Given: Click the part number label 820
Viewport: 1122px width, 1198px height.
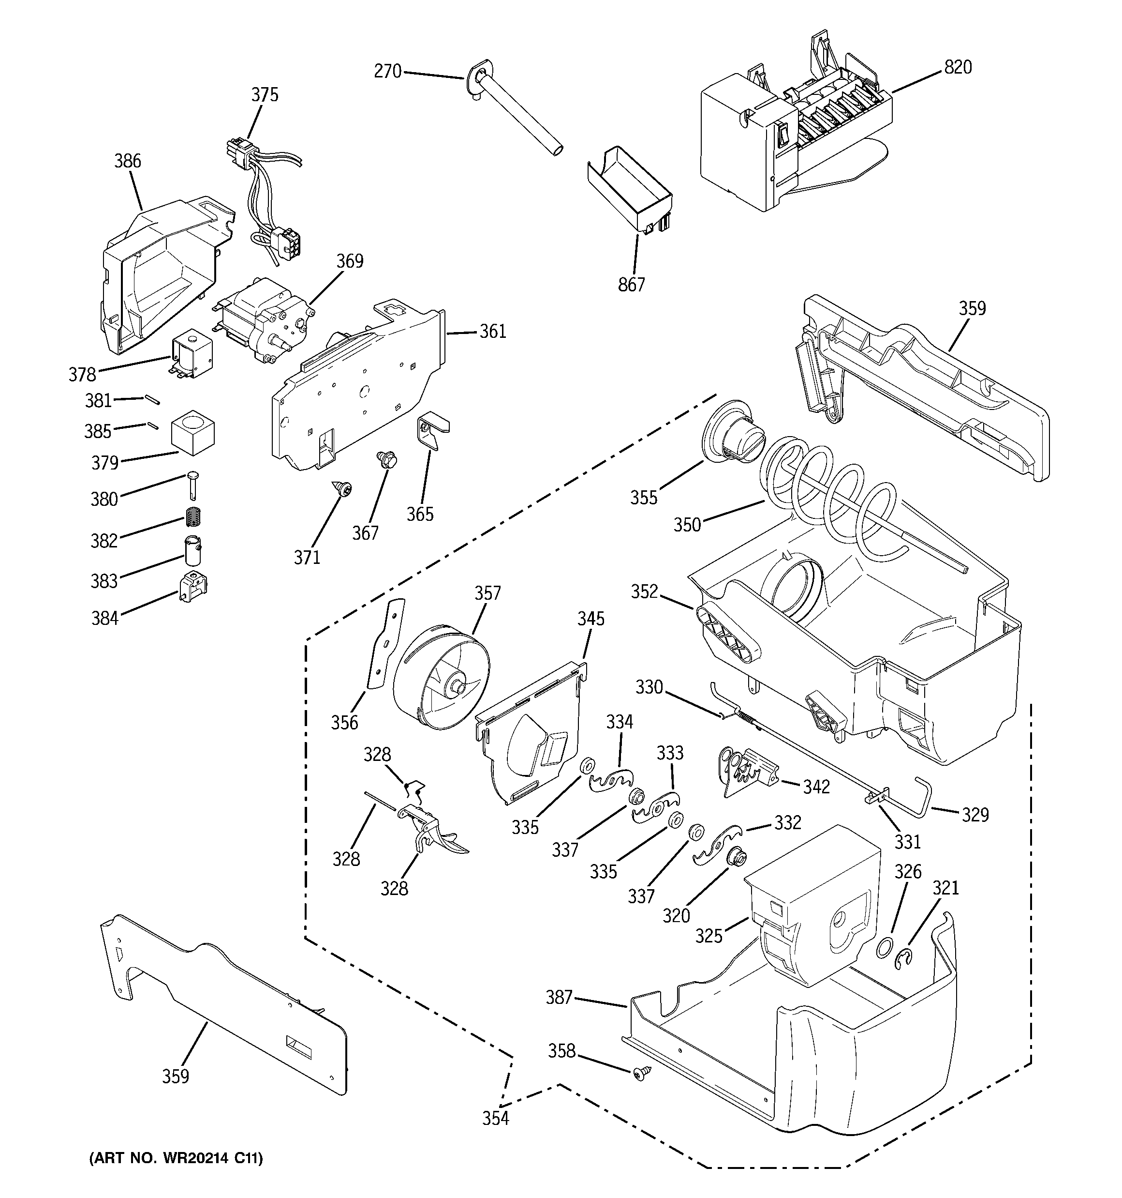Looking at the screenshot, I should click(x=958, y=67).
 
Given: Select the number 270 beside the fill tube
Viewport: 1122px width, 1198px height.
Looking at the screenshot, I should click(x=387, y=72).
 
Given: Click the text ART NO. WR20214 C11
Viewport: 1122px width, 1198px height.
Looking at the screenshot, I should click(x=176, y=1158).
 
